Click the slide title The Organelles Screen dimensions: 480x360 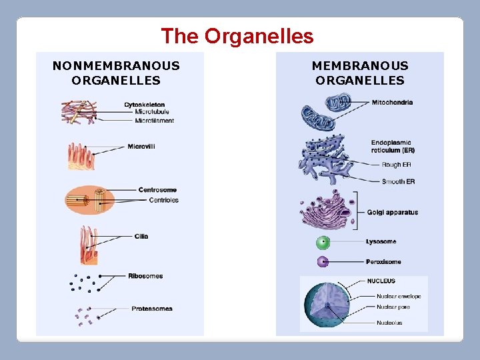pyautogui.click(x=237, y=36)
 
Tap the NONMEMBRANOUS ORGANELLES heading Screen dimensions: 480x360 pyautogui.click(x=116, y=73)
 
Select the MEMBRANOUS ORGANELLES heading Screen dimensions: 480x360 pyautogui.click(x=360, y=73)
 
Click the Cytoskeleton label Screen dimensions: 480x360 pyautogui.click(x=145, y=105)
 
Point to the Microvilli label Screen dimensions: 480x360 pyautogui.click(x=141, y=146)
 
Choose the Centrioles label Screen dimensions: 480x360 pyautogui.click(x=163, y=200)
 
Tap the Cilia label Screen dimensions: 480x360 pyautogui.click(x=141, y=236)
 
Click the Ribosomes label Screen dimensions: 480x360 pyautogui.click(x=145, y=276)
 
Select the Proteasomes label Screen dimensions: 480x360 pyautogui.click(x=152, y=309)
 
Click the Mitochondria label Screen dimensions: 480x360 pyautogui.click(x=392, y=103)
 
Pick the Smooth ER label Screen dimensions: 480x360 pyautogui.click(x=398, y=181)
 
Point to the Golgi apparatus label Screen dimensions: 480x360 pyautogui.click(x=393, y=213)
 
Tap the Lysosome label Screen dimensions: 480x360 pyautogui.click(x=381, y=241)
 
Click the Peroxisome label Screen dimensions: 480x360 pyautogui.click(x=383, y=262)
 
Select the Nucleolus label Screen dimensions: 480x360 pyautogui.click(x=389, y=323)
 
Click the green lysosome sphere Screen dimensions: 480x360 pyautogui.click(x=323, y=242)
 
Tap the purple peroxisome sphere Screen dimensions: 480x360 pyautogui.click(x=323, y=262)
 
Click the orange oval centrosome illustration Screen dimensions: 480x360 pyautogui.click(x=89, y=199)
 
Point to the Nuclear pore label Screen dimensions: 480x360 pyautogui.click(x=393, y=307)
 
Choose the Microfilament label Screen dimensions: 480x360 pyautogui.click(x=154, y=121)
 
